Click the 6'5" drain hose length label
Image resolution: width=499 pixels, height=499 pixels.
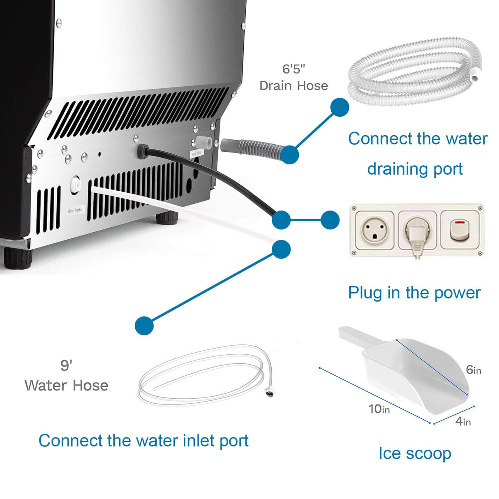tap(293, 69)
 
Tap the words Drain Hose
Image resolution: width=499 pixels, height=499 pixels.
tap(293, 85)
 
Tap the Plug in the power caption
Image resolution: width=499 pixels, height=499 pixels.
tap(414, 293)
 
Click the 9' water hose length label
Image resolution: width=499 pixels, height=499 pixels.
tap(66, 365)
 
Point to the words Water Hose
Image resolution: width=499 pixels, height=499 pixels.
tap(66, 386)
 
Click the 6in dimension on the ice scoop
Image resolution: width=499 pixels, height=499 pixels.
tap(474, 370)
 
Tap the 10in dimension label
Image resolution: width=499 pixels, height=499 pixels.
tap(379, 409)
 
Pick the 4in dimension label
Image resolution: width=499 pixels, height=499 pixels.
tap(463, 421)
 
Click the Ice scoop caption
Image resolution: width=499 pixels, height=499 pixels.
tap(415, 453)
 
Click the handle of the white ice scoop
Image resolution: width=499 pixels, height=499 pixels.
tap(353, 337)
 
